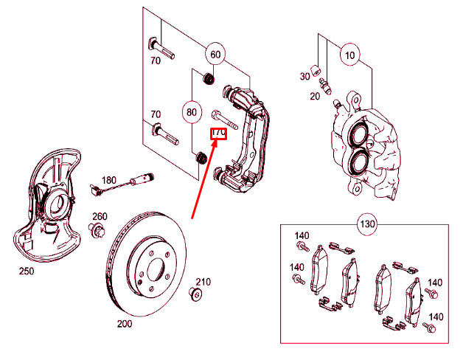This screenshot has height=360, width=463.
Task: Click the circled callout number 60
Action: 215,55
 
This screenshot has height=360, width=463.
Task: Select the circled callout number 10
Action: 350,55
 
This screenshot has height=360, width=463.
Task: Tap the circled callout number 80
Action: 192,112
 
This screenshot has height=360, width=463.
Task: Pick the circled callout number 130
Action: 367,224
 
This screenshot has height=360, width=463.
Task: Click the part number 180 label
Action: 109,180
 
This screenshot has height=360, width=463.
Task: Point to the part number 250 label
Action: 27,271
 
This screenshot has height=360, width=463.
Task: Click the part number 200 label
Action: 125,324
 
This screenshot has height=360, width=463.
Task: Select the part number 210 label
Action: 203,282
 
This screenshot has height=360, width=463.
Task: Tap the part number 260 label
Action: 100,216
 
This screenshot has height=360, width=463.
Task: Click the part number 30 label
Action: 305,76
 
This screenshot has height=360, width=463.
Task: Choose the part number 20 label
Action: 315,96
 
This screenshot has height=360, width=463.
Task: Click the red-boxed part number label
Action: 218,134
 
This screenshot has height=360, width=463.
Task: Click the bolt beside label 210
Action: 195,294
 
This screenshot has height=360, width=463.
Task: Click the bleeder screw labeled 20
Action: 325,86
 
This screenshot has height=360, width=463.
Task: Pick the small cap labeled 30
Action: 316,70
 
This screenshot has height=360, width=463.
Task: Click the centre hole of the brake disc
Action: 156,269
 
